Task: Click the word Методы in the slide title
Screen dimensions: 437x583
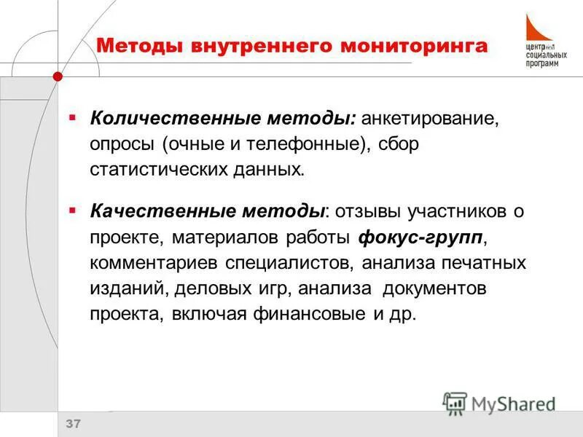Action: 139,46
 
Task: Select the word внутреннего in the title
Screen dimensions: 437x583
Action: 263,46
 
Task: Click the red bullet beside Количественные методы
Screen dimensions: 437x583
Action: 72,117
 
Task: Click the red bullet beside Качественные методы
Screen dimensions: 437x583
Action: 72,210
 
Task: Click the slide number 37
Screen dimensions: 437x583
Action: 74,424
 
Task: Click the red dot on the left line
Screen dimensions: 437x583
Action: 58,75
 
